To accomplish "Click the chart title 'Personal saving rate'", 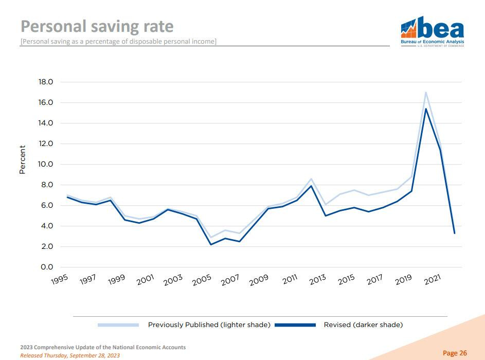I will (97, 26).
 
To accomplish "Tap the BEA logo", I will (432, 30).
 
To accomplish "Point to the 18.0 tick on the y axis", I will (46, 82).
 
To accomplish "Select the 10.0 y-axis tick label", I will (46, 164).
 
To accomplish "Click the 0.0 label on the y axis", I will (47, 267).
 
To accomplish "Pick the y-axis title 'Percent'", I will (23, 159).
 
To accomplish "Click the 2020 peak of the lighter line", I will (426, 93).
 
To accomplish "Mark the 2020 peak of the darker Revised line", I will (426, 109).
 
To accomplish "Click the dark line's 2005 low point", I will (211, 244).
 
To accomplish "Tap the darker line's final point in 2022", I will (454, 233).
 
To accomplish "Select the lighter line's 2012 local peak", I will (311, 179).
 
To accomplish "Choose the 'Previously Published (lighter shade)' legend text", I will (209, 325).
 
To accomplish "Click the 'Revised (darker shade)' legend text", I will (363, 325).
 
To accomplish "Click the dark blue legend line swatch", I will (295, 325).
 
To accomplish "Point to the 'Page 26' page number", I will (455, 353).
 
